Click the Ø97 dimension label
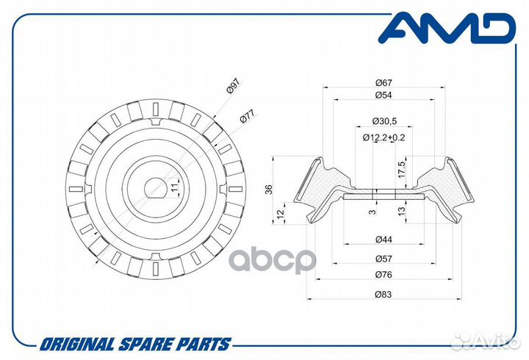(233, 86)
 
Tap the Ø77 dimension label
(247, 116)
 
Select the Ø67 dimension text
(384, 82)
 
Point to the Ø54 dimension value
(384, 96)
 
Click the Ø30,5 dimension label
(384, 120)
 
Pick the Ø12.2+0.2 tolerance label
(384, 137)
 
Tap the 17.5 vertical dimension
(401, 170)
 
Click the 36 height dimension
(269, 190)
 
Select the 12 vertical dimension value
(281, 213)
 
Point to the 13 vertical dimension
(401, 211)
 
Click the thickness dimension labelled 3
(372, 212)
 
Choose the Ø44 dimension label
(384, 240)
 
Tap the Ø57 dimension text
(384, 259)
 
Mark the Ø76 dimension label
(384, 275)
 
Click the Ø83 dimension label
(384, 294)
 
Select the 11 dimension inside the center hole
(174, 188)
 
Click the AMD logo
(447, 28)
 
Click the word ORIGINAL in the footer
(77, 345)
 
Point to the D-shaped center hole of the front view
(155, 187)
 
